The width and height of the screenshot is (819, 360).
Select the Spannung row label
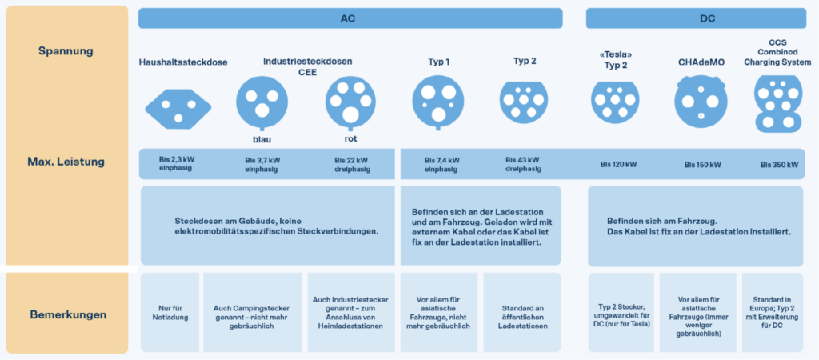[x=66, y=51]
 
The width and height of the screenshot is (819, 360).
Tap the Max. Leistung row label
[x=66, y=161]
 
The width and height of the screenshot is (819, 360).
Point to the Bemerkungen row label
[x=66, y=314]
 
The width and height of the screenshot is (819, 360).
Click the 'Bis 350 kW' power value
[x=778, y=165]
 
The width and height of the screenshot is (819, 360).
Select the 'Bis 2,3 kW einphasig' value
[x=174, y=164]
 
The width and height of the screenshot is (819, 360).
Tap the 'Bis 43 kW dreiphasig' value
[x=523, y=164]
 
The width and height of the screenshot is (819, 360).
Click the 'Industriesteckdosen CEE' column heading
[x=307, y=66]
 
